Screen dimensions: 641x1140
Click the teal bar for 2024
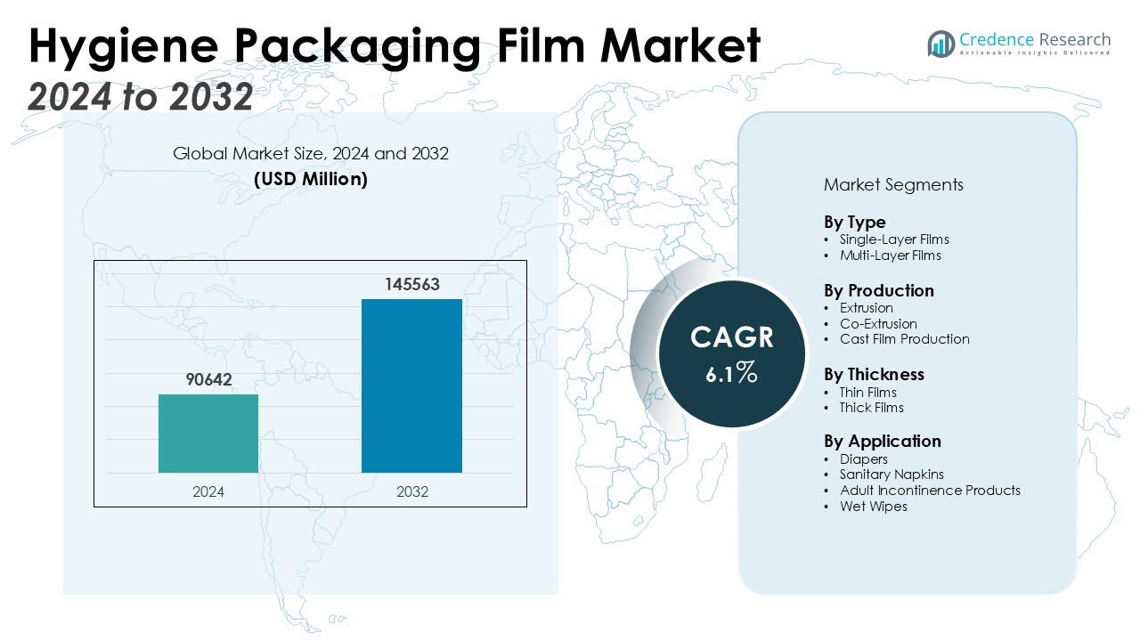click(x=208, y=434)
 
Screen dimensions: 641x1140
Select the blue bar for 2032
click(x=411, y=385)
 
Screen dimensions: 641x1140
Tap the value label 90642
click(x=208, y=380)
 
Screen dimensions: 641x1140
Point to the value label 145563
click(x=412, y=285)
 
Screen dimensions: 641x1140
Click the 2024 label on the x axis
click(x=208, y=491)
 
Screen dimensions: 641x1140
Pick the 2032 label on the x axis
click(x=411, y=491)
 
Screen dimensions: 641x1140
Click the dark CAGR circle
click(x=731, y=353)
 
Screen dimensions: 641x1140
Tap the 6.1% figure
click(x=731, y=374)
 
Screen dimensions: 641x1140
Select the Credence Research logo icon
click(x=940, y=43)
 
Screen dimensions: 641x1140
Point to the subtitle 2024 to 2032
click(x=141, y=96)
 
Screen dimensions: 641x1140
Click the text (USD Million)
click(x=311, y=179)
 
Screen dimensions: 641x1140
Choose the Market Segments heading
click(x=893, y=185)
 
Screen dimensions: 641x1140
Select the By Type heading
click(x=854, y=222)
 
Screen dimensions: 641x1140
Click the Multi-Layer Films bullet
click(x=890, y=256)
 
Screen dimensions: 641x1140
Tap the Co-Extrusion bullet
click(x=877, y=324)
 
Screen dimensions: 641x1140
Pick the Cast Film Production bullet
click(x=904, y=339)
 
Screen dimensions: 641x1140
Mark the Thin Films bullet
click(x=867, y=393)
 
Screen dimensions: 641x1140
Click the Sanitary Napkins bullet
click(x=892, y=475)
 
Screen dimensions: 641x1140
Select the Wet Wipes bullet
click(x=873, y=507)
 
